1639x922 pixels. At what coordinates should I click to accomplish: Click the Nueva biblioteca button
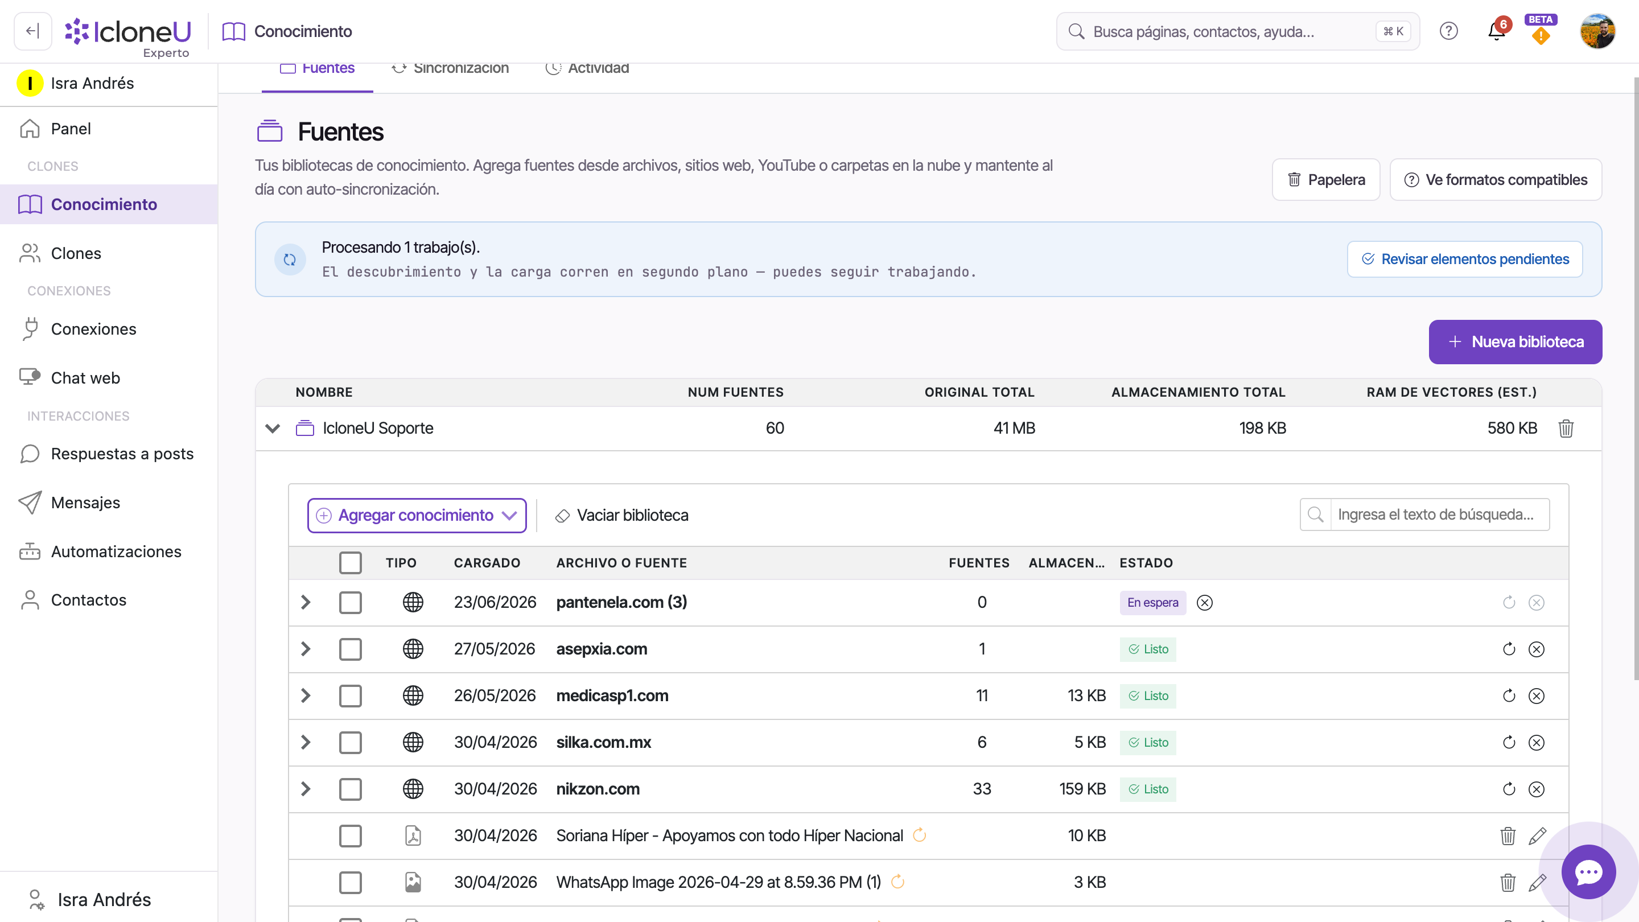pyautogui.click(x=1515, y=341)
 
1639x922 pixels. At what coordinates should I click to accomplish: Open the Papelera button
pyautogui.click(x=1326, y=180)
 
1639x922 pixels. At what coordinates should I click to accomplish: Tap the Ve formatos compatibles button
pyautogui.click(x=1495, y=180)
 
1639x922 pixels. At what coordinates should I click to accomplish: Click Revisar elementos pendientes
pyautogui.click(x=1465, y=259)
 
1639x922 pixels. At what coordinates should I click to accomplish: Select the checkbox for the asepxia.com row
pyautogui.click(x=351, y=649)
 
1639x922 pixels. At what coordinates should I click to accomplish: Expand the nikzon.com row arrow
pyautogui.click(x=306, y=789)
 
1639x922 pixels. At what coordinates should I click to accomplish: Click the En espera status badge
pyautogui.click(x=1153, y=603)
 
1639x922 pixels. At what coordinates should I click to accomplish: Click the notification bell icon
pyautogui.click(x=1497, y=31)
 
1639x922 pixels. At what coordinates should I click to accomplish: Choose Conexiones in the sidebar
pyautogui.click(x=93, y=329)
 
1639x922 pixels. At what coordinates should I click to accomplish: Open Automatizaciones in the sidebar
pyautogui.click(x=116, y=551)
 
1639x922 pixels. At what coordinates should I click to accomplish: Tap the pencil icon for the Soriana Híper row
pyautogui.click(x=1537, y=835)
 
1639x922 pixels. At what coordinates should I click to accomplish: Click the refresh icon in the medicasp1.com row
pyautogui.click(x=1509, y=695)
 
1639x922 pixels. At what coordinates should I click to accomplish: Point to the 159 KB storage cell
pyautogui.click(x=1082, y=789)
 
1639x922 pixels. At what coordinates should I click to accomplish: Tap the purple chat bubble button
pyautogui.click(x=1589, y=872)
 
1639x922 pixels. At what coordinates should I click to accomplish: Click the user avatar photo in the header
pyautogui.click(x=1597, y=31)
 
